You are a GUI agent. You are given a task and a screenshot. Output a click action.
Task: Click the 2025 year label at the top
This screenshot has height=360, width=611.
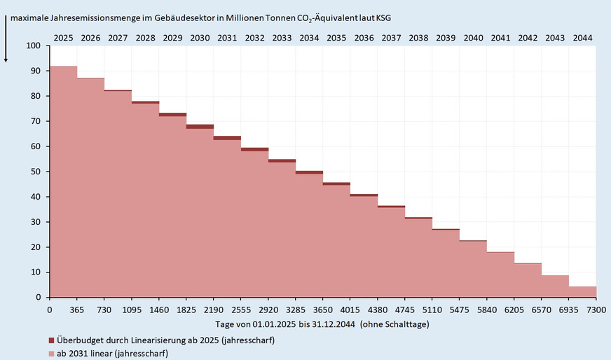tap(63, 37)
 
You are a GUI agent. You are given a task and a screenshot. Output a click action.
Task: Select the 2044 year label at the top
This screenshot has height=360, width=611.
tap(582, 37)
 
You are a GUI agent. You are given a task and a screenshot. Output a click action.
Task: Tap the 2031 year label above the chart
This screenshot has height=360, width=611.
tap(227, 37)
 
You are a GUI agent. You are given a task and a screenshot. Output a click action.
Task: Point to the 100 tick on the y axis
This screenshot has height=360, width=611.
tap(34, 46)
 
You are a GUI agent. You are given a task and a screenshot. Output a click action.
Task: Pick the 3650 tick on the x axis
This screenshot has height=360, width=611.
tap(323, 309)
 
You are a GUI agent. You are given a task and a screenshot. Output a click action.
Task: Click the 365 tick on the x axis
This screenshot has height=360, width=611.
tap(77, 309)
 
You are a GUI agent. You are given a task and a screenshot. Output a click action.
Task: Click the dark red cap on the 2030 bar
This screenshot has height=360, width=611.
tap(200, 127)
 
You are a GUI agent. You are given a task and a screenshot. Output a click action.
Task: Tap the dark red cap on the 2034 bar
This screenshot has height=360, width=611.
tap(309, 172)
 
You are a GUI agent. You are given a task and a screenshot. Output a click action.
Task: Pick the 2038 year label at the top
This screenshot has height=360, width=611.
tap(418, 37)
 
